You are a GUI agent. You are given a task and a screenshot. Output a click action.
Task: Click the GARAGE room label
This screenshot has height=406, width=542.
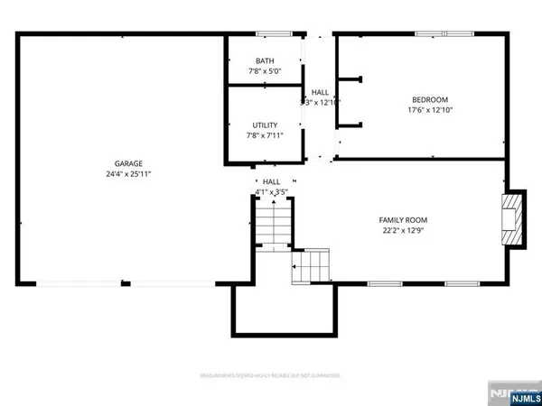126,162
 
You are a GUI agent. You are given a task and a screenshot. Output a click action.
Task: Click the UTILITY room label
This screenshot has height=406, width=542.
265,125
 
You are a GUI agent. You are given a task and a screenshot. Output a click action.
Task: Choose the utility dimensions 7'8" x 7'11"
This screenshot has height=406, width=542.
265,136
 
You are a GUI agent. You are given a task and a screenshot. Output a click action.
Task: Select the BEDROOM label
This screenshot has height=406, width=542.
429,100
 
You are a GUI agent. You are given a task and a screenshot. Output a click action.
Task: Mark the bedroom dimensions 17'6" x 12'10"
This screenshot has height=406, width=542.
429,111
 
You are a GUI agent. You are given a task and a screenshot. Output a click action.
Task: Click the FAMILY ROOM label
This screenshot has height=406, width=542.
403,219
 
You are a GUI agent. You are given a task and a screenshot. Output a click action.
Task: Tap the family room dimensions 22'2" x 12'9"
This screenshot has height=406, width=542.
403,230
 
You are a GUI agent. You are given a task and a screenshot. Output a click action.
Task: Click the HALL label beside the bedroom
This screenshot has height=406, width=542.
321,92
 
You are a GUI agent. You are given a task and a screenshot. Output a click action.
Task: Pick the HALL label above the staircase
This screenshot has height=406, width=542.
271,181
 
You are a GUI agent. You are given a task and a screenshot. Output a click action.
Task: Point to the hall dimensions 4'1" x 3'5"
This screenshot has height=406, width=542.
271,192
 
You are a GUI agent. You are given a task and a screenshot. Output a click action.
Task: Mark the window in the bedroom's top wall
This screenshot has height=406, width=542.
442,35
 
